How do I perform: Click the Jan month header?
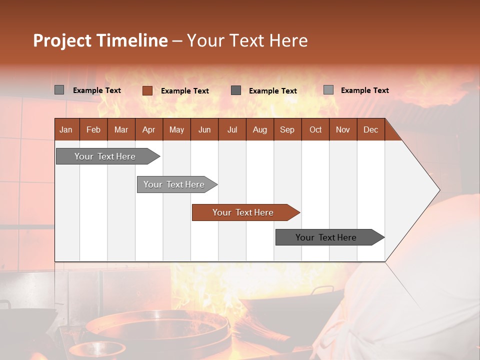(66, 129)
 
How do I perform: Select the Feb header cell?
(93, 129)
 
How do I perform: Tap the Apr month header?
(149, 129)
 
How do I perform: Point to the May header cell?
(176, 129)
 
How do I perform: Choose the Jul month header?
(232, 129)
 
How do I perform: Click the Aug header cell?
(260, 129)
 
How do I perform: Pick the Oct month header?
(315, 129)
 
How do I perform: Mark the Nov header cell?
(343, 129)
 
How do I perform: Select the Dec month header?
(371, 129)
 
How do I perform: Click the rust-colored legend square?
(147, 90)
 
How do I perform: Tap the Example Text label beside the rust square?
(185, 91)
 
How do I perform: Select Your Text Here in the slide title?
(247, 40)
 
